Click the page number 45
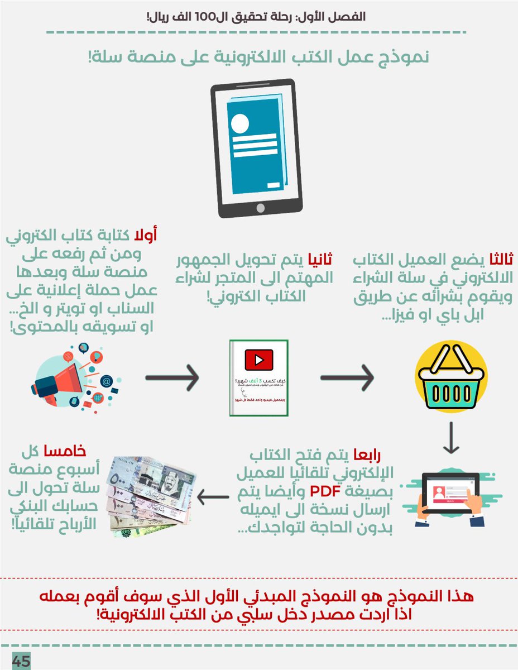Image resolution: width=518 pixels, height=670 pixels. coord(21,661)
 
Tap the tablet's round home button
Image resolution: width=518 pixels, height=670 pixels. coord(260,208)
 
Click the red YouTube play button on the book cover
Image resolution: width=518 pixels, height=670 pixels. coord(259,359)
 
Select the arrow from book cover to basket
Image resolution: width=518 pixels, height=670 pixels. coord(347,379)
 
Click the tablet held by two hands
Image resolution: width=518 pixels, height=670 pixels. coord(450,494)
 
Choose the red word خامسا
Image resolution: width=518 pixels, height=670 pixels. coord(74,451)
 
